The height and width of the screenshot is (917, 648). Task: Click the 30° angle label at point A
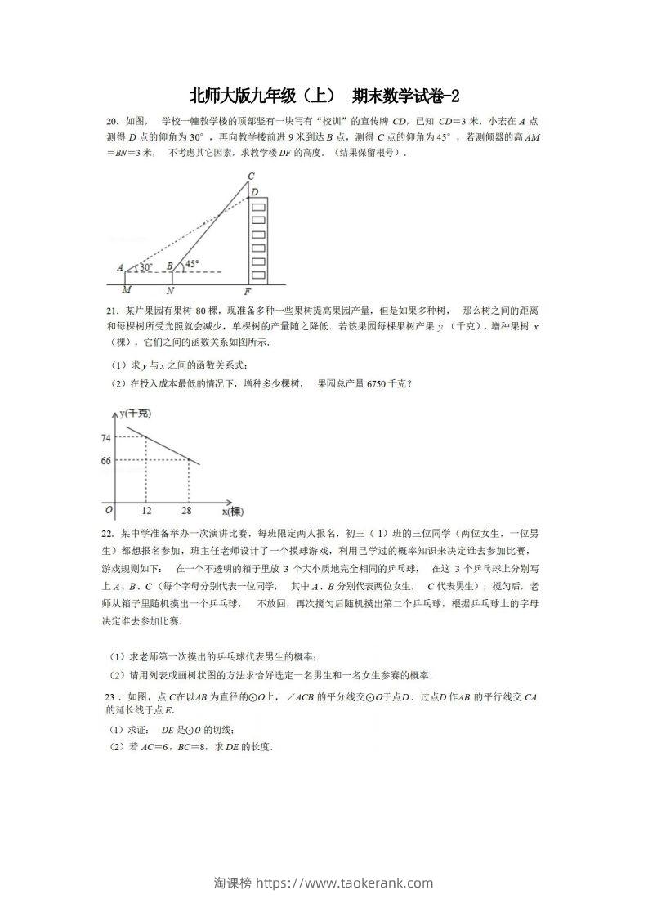click(147, 266)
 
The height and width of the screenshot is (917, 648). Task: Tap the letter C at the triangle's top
click(251, 177)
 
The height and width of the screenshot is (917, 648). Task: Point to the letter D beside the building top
click(255, 192)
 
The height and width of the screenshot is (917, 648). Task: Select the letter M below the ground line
click(126, 290)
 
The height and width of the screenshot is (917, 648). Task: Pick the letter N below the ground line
click(170, 290)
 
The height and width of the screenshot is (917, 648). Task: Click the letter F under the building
click(249, 291)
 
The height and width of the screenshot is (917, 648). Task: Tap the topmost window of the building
click(258, 208)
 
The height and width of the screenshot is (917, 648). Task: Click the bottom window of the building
click(258, 274)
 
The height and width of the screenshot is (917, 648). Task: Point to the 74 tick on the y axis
click(106, 439)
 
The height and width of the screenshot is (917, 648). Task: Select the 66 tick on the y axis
click(106, 462)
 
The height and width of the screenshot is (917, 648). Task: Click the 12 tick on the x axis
click(147, 511)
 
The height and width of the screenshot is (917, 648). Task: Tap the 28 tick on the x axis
click(189, 511)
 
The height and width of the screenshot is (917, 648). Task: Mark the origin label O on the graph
click(107, 510)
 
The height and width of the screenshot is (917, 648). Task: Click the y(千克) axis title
click(136, 414)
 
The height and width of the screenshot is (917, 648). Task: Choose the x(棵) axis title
click(233, 512)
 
